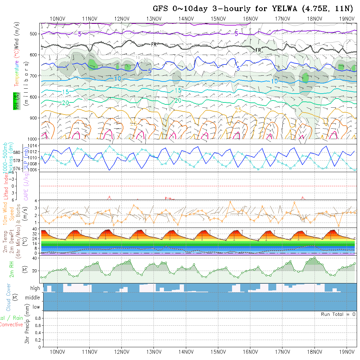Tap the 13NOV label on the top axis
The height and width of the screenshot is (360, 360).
click(153, 19)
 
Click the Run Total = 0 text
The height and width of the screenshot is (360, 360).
click(338, 314)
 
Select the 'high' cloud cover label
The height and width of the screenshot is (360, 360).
click(35, 288)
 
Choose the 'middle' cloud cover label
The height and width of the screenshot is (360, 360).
click(33, 297)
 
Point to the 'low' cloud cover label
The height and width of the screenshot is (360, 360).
click(36, 307)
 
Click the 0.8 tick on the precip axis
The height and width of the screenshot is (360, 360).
click(37, 318)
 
